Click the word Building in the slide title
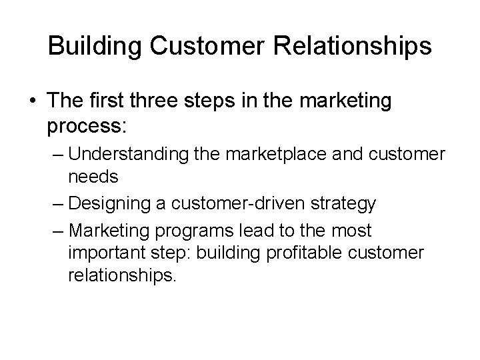(x=89, y=46)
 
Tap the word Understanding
(x=123, y=155)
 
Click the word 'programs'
(x=187, y=231)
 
